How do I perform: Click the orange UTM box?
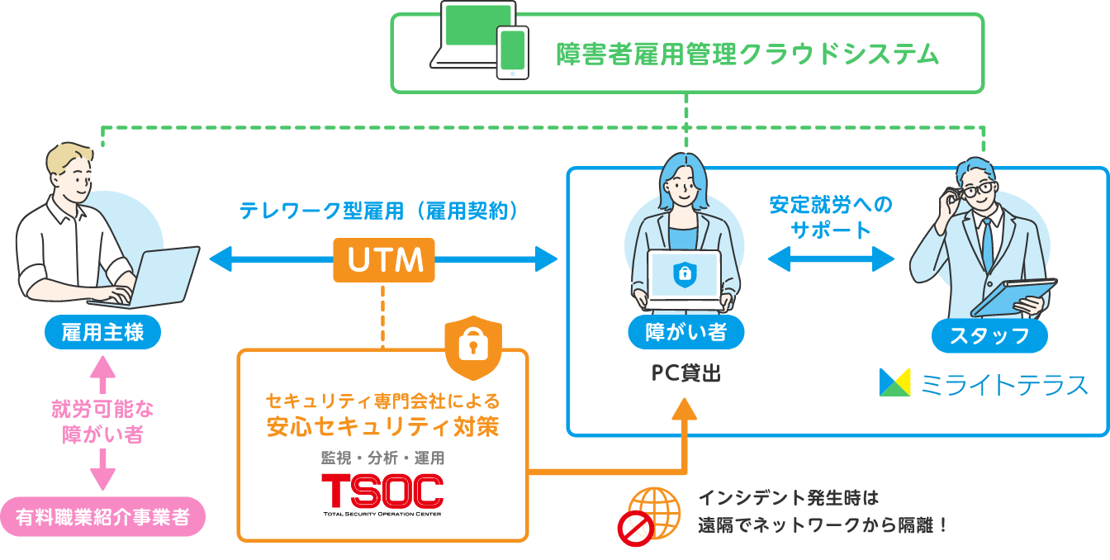pos(384,259)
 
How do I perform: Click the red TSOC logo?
pos(382,491)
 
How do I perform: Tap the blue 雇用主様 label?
pos(102,333)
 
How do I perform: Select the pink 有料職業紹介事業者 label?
pos(102,517)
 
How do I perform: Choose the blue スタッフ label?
pos(989,335)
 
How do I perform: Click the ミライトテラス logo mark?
pos(894,382)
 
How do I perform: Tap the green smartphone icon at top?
pos(512,52)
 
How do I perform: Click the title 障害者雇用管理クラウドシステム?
pos(747,54)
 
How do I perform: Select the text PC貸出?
pos(685,373)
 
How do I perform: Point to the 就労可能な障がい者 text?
pos(102,421)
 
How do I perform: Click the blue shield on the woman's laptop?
pos(685,275)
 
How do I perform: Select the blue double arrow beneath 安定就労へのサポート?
pos(831,259)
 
